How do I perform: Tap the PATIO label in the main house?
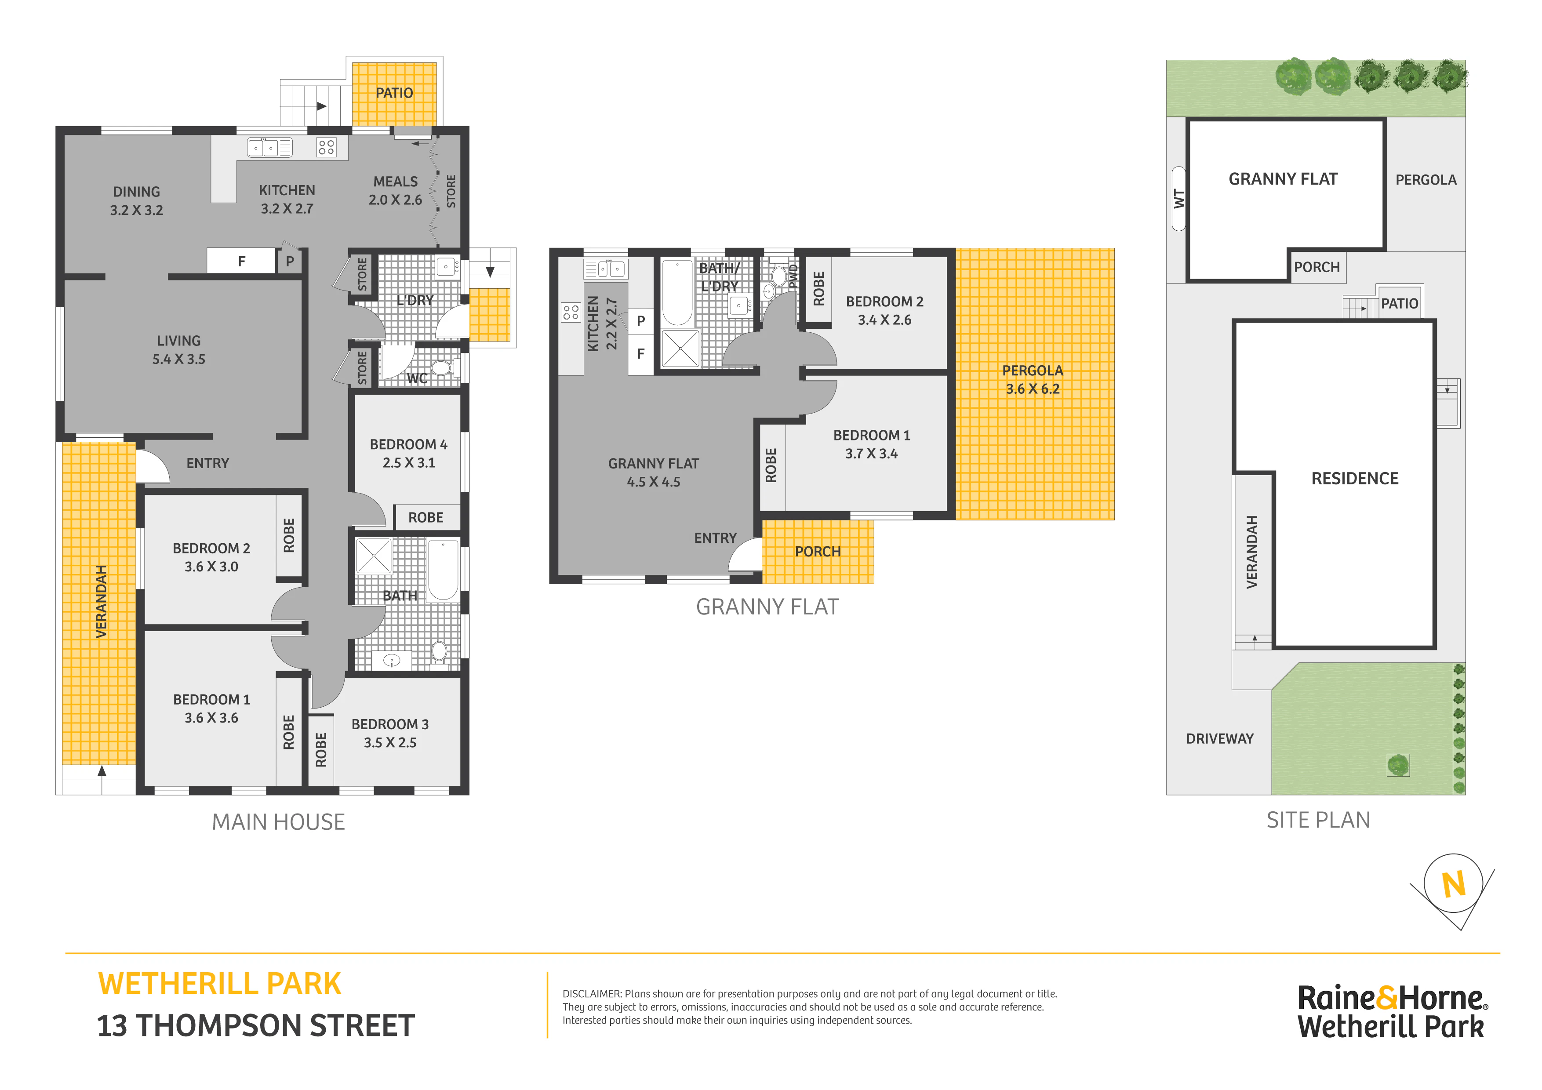[x=394, y=93]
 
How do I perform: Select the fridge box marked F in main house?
[x=241, y=261]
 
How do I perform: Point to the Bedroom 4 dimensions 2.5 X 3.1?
[x=409, y=463]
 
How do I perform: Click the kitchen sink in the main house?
[x=269, y=147]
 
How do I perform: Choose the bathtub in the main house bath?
[x=443, y=570]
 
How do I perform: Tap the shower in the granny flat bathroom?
[x=680, y=348]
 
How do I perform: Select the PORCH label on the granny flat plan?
[x=817, y=552]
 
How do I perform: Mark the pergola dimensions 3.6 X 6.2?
[x=1032, y=389]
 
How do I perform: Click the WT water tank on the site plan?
[x=1178, y=199]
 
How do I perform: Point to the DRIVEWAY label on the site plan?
[x=1220, y=739]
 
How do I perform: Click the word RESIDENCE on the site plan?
[x=1355, y=478]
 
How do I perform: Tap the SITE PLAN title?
[x=1318, y=820]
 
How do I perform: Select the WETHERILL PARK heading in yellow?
[x=220, y=984]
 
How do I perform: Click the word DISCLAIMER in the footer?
[x=592, y=994]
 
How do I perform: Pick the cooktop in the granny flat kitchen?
[x=571, y=312]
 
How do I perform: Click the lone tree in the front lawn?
[x=1398, y=765]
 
